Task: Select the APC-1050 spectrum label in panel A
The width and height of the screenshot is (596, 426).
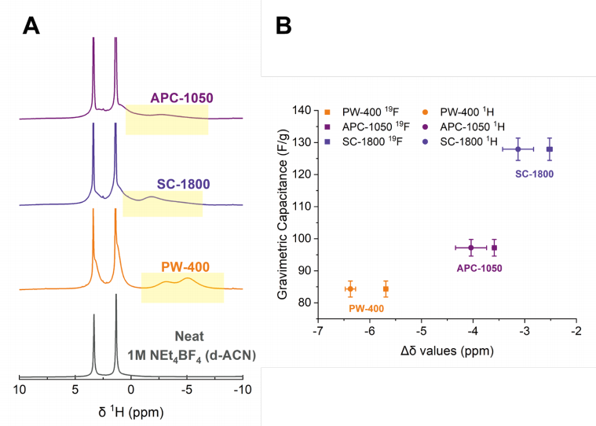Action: (x=182, y=98)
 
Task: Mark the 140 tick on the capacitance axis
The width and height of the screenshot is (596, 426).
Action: (x=302, y=110)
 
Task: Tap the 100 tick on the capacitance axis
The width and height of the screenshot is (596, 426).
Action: (x=302, y=238)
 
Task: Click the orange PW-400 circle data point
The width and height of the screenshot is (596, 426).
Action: (x=349, y=289)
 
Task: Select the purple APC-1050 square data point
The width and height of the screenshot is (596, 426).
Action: (x=494, y=248)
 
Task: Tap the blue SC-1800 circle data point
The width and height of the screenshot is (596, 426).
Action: (x=518, y=149)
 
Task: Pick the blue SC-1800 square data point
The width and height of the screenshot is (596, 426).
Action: (x=550, y=149)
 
